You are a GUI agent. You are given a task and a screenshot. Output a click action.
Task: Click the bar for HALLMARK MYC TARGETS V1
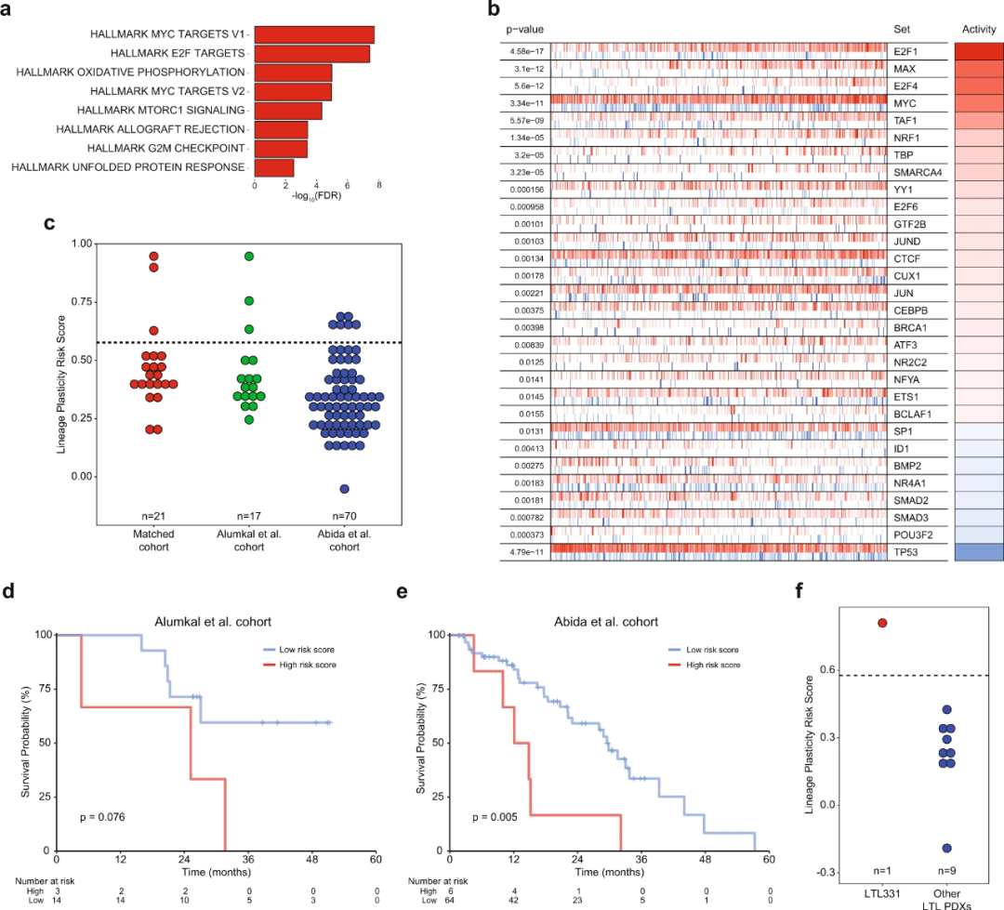point(314,34)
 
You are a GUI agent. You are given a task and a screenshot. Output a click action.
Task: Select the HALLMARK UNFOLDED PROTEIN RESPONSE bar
point(274,167)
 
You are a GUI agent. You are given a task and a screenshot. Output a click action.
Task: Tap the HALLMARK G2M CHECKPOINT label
point(165,148)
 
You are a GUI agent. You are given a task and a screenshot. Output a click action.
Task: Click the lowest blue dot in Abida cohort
point(344,489)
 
